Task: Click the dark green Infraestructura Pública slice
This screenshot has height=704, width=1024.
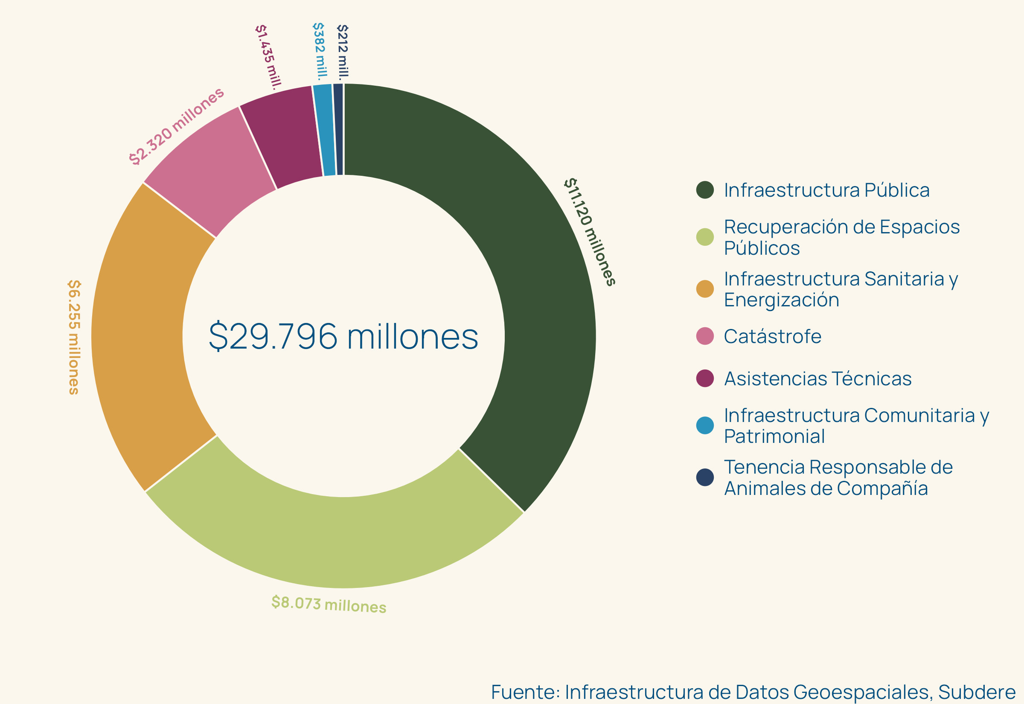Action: pyautogui.click(x=521, y=265)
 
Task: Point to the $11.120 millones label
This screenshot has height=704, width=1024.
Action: pyautogui.click(x=589, y=232)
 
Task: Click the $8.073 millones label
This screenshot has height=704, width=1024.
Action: pyautogui.click(x=329, y=604)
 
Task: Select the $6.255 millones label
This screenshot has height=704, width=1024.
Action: pyautogui.click(x=74, y=337)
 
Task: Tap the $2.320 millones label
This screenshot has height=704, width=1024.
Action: pyautogui.click(x=176, y=126)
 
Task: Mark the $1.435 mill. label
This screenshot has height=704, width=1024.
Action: pyautogui.click(x=268, y=57)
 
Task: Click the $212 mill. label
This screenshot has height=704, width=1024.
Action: pyautogui.click(x=343, y=52)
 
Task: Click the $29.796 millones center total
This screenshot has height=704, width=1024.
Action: pyautogui.click(x=343, y=337)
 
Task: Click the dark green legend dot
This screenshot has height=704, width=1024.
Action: pyautogui.click(x=705, y=190)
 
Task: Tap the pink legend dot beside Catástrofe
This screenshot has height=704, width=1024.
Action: pyautogui.click(x=705, y=336)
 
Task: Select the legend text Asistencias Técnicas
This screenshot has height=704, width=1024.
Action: pyautogui.click(x=817, y=379)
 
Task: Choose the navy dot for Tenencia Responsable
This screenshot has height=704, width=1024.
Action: pyautogui.click(x=705, y=477)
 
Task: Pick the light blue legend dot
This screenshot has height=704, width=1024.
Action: pyautogui.click(x=705, y=425)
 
